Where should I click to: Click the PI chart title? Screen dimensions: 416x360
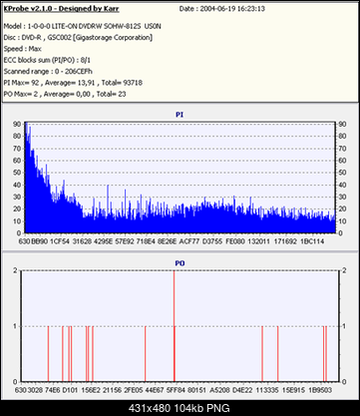pos(179,113)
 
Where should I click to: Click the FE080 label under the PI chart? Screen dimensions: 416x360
pos(235,241)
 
